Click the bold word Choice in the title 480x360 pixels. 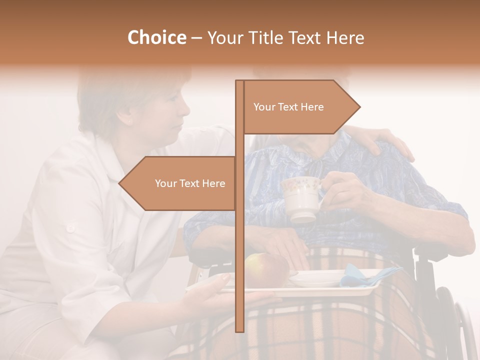[156, 37]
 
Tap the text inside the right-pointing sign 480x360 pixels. [288, 107]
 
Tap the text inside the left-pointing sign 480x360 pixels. [190, 183]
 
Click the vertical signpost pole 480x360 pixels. [239, 250]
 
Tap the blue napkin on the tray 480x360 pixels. [367, 274]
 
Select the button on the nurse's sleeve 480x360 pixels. [70, 228]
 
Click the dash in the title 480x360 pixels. [196, 38]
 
